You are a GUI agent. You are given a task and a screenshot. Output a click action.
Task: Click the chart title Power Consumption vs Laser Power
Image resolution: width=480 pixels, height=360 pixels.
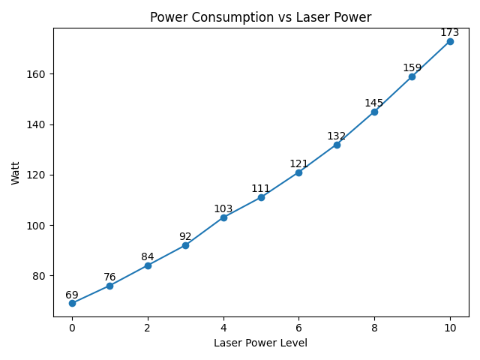[x=260, y=17]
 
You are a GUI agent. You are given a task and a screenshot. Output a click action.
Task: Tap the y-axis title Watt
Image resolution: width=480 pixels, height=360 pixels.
[x=16, y=172]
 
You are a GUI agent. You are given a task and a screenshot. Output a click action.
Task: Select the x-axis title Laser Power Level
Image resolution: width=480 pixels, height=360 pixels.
[x=260, y=343]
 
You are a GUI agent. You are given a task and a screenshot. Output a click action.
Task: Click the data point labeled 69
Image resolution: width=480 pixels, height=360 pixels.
[x=72, y=303]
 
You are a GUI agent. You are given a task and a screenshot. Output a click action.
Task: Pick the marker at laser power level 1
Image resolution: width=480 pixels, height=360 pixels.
[x=109, y=286]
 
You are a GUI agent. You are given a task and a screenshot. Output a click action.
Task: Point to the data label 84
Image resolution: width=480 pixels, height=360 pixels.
[x=148, y=256]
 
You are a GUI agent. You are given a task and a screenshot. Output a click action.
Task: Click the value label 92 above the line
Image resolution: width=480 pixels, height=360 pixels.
[x=185, y=236]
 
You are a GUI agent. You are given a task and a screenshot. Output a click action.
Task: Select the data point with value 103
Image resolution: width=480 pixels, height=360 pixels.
[x=223, y=217]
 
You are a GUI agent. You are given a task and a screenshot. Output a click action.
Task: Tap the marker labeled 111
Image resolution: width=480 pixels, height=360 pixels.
[x=261, y=197]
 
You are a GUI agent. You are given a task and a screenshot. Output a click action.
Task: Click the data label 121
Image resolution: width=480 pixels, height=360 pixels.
[x=298, y=163]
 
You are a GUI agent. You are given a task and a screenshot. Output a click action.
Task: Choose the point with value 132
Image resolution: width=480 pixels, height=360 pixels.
[x=337, y=145]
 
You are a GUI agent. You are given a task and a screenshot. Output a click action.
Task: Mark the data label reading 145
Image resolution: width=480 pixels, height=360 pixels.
[x=374, y=103]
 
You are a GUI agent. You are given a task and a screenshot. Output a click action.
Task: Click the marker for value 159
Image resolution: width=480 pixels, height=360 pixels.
[x=412, y=76]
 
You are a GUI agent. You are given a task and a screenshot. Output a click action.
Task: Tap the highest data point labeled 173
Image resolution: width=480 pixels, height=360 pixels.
[x=450, y=41]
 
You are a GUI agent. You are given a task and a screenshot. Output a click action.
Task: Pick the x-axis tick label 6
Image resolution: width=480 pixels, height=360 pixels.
[x=298, y=328]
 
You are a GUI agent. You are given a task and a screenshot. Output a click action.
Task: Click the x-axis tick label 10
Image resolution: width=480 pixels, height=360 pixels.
[x=450, y=328]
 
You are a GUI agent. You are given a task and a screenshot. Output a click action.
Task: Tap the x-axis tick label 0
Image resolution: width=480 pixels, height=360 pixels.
[x=72, y=328]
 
